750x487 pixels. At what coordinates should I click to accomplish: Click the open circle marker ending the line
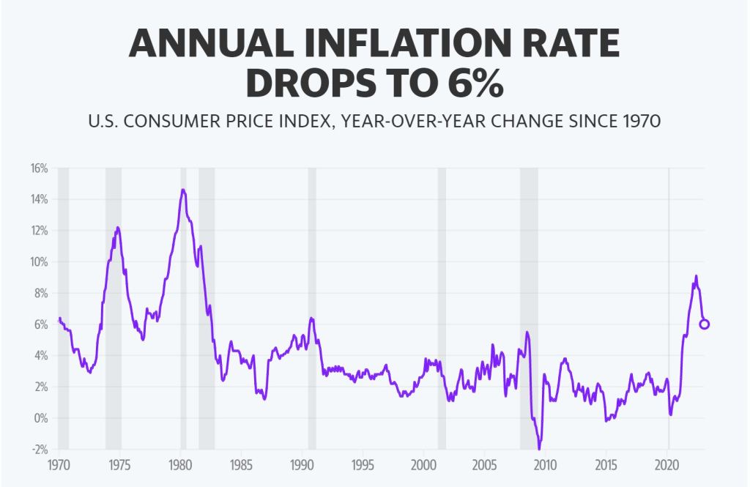[x=705, y=324]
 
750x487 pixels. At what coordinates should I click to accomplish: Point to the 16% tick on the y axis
[x=39, y=168]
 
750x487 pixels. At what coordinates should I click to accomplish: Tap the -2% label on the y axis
[x=39, y=449]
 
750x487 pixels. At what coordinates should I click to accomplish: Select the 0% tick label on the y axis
[x=40, y=418]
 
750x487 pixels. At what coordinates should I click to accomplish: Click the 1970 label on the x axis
[x=59, y=464]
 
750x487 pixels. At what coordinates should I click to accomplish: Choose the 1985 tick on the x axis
[x=242, y=464]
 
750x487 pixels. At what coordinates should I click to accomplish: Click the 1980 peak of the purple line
[x=182, y=190]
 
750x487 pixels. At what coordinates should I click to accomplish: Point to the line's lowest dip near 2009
[x=539, y=448]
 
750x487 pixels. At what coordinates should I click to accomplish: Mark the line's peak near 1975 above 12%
[x=118, y=227]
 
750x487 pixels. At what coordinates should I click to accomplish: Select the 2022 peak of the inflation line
[x=696, y=276]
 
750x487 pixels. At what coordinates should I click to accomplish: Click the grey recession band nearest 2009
[x=529, y=308]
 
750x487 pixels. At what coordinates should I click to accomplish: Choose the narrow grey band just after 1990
[x=312, y=308]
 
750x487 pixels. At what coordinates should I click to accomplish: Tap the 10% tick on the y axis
[x=39, y=262]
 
